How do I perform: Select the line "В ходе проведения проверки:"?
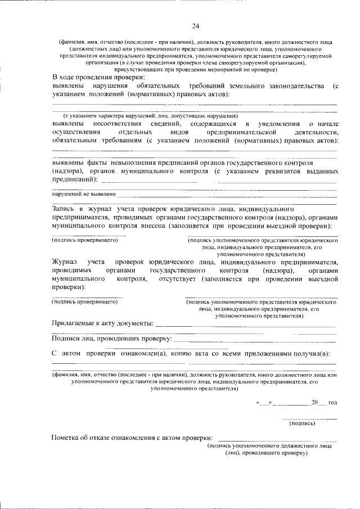click(x=98, y=77)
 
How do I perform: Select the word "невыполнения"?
click(x=133, y=162)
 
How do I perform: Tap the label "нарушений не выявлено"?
click(x=84, y=193)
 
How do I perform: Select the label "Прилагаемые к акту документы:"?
click(x=102, y=324)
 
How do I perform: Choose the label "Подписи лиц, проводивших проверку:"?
click(x=111, y=339)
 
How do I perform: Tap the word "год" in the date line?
click(x=332, y=403)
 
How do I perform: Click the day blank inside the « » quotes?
click(x=264, y=403)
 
